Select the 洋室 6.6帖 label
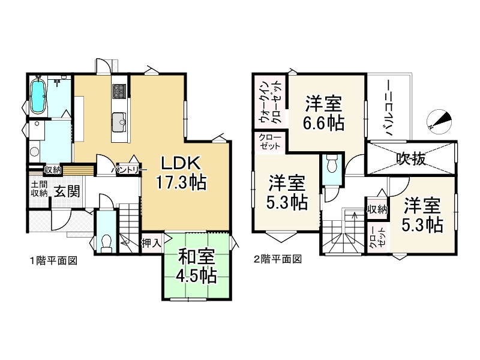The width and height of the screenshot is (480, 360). point(324,113)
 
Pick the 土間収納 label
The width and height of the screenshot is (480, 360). point(39,188)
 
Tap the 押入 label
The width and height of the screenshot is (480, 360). point(150,243)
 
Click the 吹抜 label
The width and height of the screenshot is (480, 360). point(411,158)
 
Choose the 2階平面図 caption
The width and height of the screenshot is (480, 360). point(277,260)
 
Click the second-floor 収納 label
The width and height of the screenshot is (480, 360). point(377,209)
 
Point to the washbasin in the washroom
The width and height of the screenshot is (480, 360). point(34,151)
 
